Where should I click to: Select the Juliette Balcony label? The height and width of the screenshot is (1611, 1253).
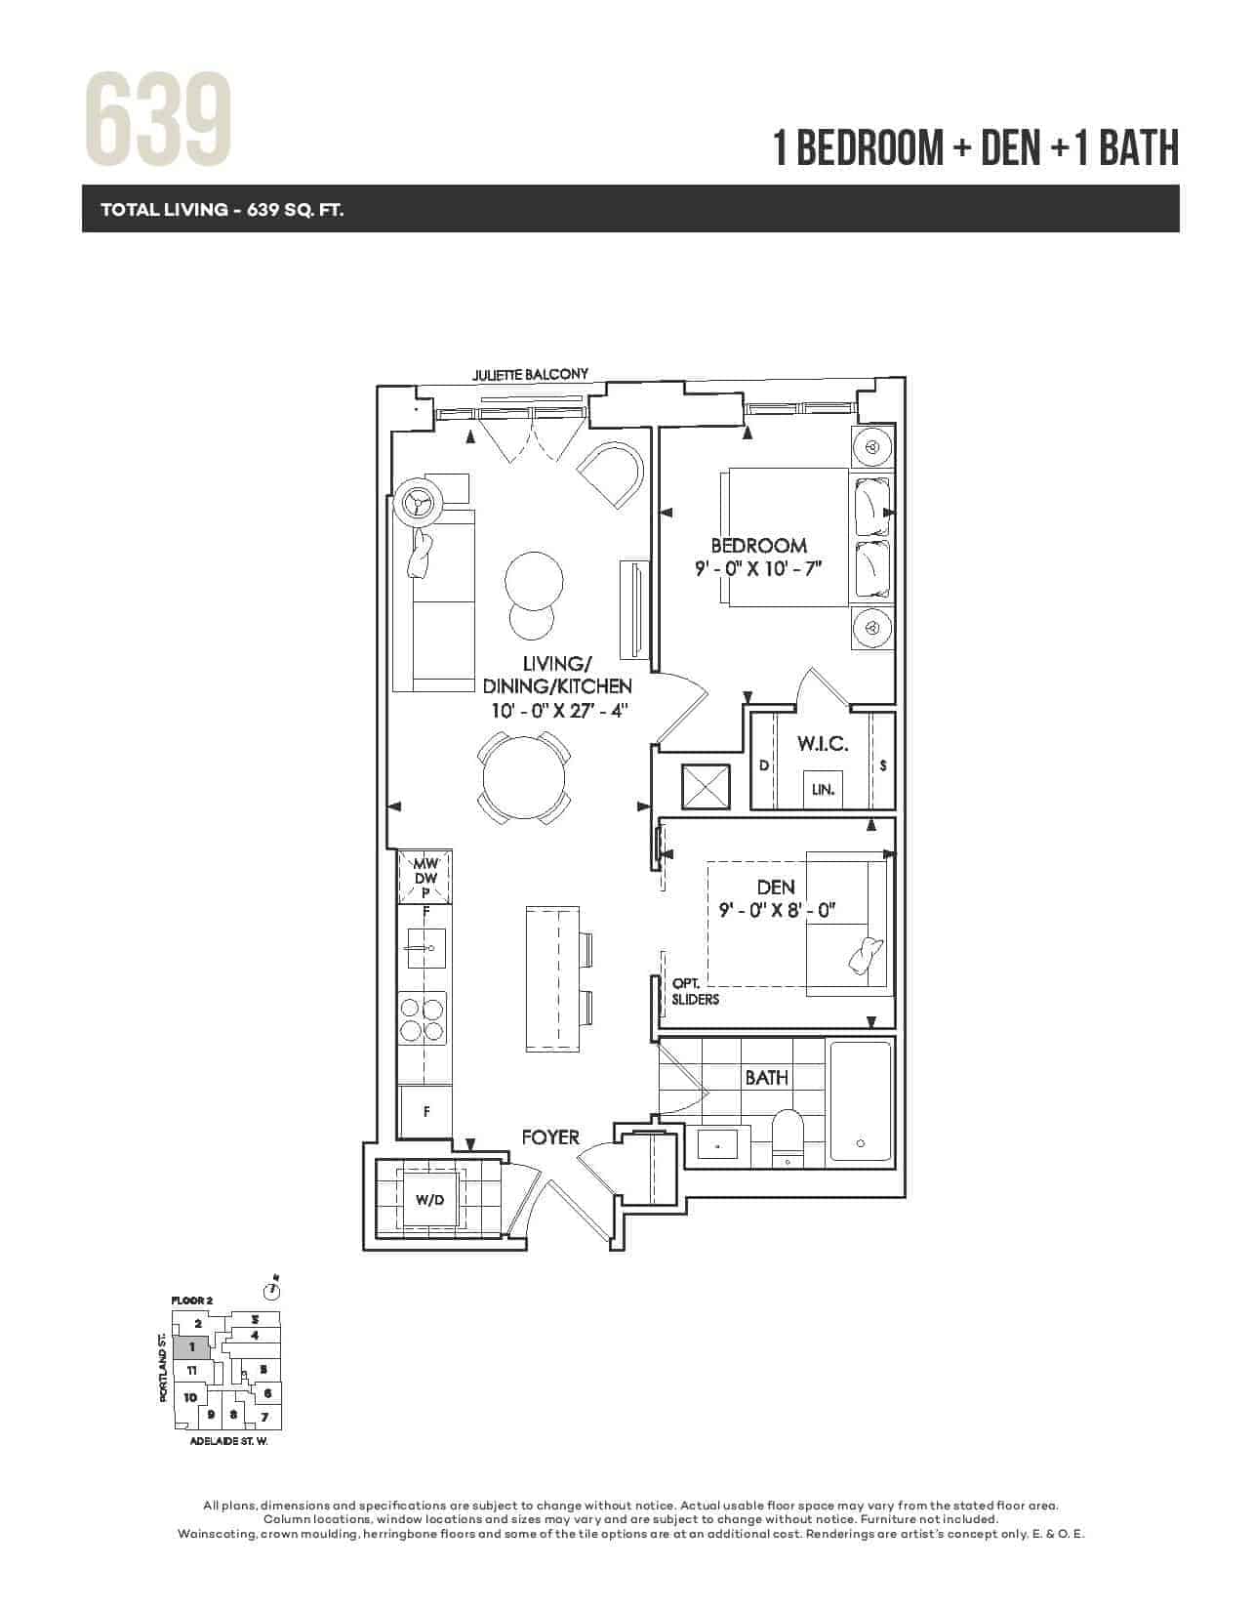point(531,374)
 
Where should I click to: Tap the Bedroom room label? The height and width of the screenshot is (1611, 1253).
point(759,547)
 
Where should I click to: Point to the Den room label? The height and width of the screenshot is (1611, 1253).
point(776,887)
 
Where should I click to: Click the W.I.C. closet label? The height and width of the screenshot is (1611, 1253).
point(823,744)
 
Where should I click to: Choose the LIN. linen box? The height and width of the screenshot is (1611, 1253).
point(824,789)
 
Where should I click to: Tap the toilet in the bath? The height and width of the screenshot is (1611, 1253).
point(787,1138)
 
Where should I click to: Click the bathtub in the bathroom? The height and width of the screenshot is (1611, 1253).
point(861,1101)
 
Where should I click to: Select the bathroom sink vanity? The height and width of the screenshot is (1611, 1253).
point(718,1145)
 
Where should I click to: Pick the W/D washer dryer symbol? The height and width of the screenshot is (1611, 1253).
point(429,1200)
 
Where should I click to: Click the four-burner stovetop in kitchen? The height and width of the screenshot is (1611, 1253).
point(423,1019)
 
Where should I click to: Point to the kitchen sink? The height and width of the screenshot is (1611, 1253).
point(426,948)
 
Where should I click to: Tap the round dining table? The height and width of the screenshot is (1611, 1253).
point(524,778)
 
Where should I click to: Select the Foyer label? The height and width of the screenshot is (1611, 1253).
point(549,1137)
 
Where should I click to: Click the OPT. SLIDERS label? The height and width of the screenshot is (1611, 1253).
point(695,991)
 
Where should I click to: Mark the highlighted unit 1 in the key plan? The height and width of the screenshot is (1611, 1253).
point(191,1347)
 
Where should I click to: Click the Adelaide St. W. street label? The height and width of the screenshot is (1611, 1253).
point(228,1442)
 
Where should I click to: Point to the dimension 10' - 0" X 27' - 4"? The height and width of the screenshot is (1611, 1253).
point(559,710)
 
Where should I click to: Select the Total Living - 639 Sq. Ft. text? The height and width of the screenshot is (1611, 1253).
point(222,210)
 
